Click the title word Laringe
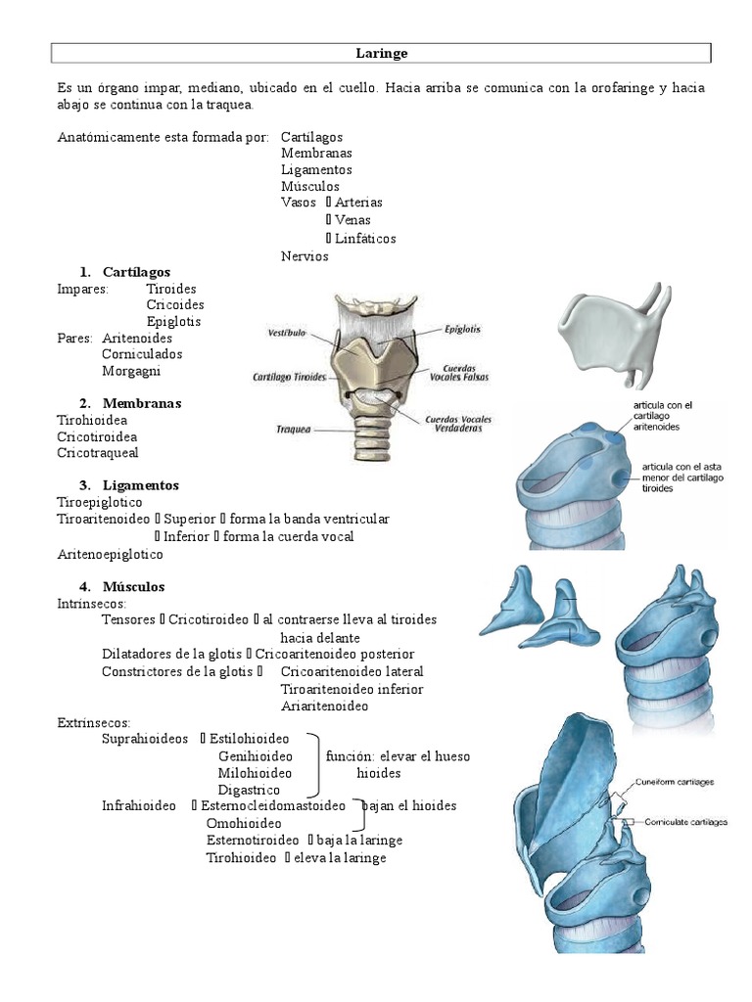(x=381, y=53)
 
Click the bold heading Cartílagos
(x=136, y=272)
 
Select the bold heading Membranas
(x=141, y=403)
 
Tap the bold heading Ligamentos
(x=141, y=485)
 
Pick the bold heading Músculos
(x=133, y=587)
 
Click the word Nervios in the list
(x=305, y=256)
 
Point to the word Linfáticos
(x=365, y=239)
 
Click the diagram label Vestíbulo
(x=287, y=333)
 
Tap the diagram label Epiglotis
(x=460, y=330)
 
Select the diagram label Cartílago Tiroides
(x=290, y=376)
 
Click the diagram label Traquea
(x=293, y=428)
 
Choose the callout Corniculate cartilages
(x=685, y=822)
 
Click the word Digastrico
(x=249, y=790)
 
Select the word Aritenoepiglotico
(x=111, y=554)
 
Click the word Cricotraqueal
(x=98, y=453)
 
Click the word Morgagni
(x=131, y=371)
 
